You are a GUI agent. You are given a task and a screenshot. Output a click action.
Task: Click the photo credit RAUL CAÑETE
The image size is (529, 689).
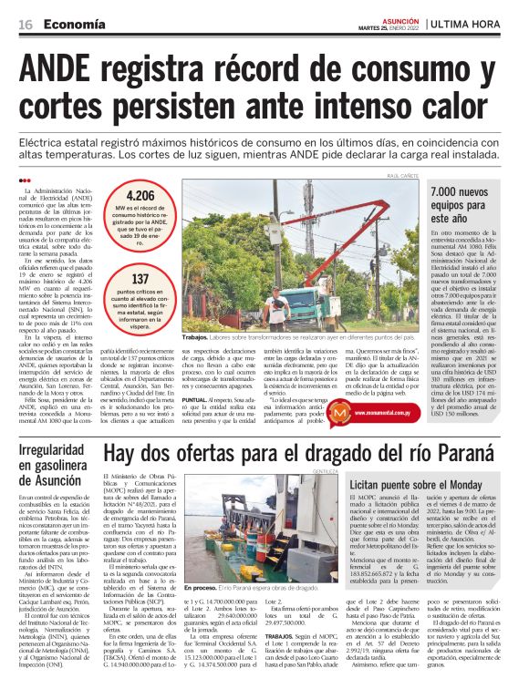(405, 176)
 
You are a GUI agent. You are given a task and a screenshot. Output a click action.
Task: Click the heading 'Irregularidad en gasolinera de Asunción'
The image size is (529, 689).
(55, 463)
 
